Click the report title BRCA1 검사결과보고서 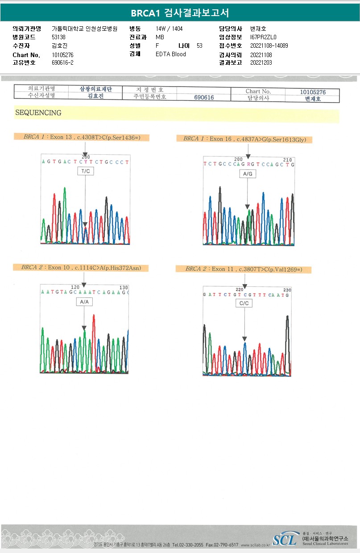(x=180, y=13)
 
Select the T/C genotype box (x=85, y=171)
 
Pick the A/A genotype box (x=84, y=302)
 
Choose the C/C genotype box (x=244, y=303)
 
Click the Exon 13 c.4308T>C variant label (x=81, y=137)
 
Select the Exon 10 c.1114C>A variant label (x=80, y=268)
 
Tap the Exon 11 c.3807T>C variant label (x=243, y=269)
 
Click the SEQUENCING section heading (x=38, y=113)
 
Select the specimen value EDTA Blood (x=171, y=54)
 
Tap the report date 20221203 (x=261, y=62)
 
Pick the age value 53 (x=199, y=45)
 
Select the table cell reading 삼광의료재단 (x=95, y=89)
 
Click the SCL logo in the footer (x=284, y=540)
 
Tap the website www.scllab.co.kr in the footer (x=255, y=545)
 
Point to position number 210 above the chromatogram (x=287, y=159)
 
